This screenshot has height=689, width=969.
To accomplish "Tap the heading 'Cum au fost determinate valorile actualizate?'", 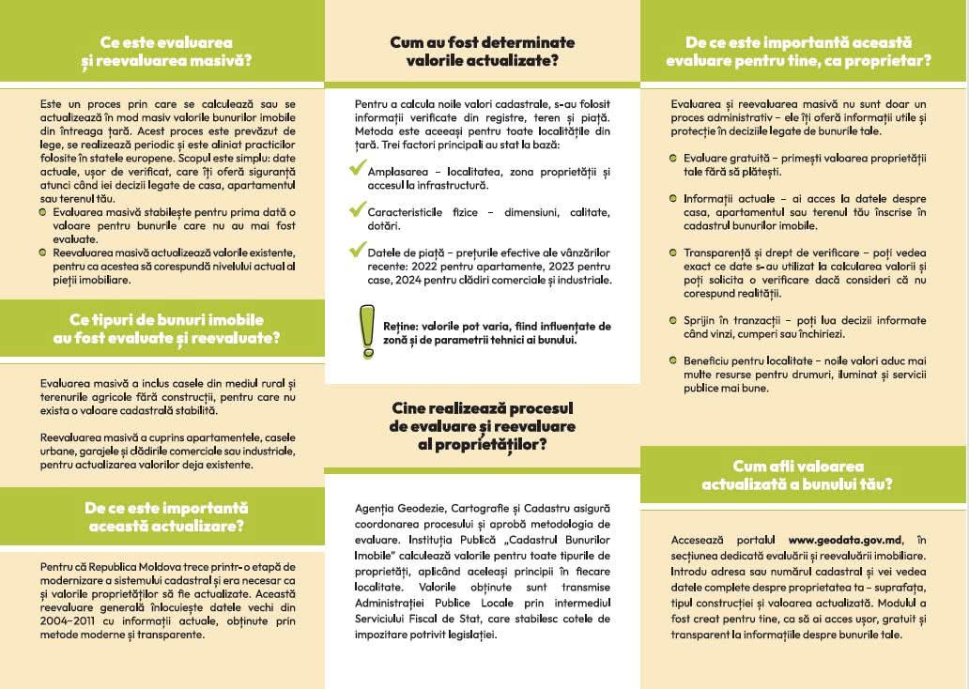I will pyautogui.click(x=483, y=52).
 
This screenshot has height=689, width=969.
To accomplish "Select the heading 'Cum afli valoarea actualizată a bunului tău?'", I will pyautogui.click(x=797, y=475).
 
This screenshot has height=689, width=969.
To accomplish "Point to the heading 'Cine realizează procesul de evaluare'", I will pyautogui.click(x=483, y=425).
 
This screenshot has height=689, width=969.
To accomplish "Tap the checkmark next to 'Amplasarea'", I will pyautogui.click(x=357, y=170).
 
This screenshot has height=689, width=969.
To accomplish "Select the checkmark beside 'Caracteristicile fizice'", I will pyautogui.click(x=357, y=210).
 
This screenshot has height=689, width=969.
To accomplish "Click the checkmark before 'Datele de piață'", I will pyautogui.click(x=357, y=251).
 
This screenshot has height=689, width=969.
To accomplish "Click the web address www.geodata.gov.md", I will pyautogui.click(x=845, y=540).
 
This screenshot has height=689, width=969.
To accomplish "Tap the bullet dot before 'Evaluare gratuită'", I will pyautogui.click(x=674, y=158).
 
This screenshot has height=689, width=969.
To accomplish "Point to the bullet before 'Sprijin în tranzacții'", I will pyautogui.click(x=674, y=320).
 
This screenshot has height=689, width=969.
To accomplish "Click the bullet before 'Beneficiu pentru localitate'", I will pyautogui.click(x=674, y=360).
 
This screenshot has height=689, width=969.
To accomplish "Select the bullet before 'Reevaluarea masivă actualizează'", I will pyautogui.click(x=43, y=253).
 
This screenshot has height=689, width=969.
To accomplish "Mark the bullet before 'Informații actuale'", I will pyautogui.click(x=674, y=198).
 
